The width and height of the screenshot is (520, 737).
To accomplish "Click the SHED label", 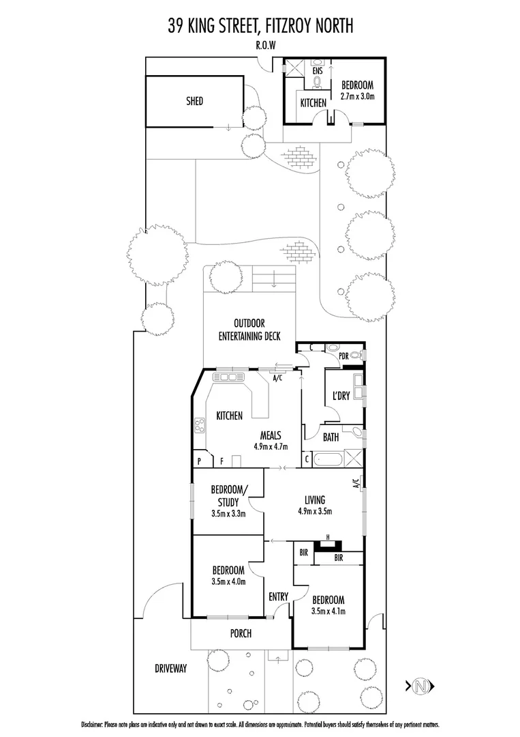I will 194,101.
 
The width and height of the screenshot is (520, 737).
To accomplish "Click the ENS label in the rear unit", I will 318,70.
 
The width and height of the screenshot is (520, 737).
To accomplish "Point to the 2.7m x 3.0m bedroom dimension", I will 357,96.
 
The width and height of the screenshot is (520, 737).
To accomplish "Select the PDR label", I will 344,356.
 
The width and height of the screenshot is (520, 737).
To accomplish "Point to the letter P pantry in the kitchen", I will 199,461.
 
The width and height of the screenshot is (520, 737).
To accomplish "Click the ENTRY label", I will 279,596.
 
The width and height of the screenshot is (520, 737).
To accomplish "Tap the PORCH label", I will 241,633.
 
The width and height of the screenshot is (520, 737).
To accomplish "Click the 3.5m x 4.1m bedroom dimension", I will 328,611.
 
